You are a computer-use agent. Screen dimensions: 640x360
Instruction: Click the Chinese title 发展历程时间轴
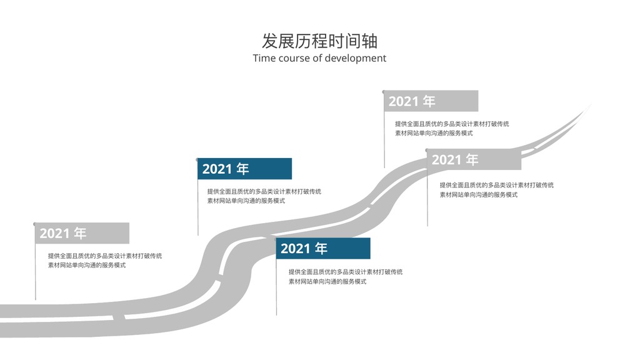point(319,41)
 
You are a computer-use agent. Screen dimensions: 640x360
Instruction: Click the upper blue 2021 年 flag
point(244,169)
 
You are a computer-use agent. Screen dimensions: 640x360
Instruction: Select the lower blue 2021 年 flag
point(323,248)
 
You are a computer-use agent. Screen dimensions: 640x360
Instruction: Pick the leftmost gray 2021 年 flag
point(82,233)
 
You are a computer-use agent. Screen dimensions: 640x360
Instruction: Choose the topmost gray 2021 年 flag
point(431,101)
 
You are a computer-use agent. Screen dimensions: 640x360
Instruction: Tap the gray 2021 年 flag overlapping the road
point(474,159)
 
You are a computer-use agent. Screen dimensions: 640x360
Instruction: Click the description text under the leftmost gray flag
point(105,261)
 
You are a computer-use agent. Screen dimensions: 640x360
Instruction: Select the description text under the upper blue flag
point(264,196)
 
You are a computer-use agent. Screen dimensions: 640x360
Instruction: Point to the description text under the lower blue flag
point(346,276)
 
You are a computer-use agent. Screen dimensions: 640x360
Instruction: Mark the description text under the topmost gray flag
point(452,128)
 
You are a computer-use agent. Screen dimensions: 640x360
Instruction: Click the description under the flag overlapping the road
point(497,190)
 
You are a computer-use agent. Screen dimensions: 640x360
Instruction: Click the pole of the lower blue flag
point(276,287)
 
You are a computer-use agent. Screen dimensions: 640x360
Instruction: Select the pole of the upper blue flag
point(198,207)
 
